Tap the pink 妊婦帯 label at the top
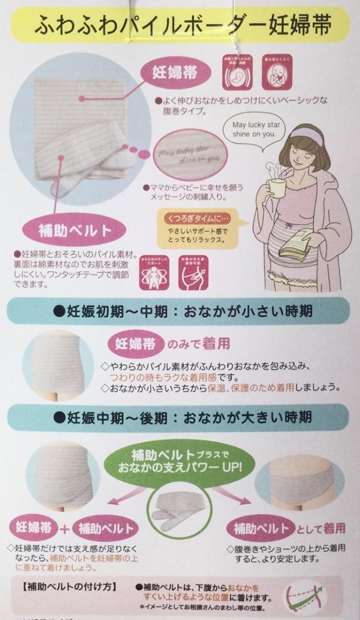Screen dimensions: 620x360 174,72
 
